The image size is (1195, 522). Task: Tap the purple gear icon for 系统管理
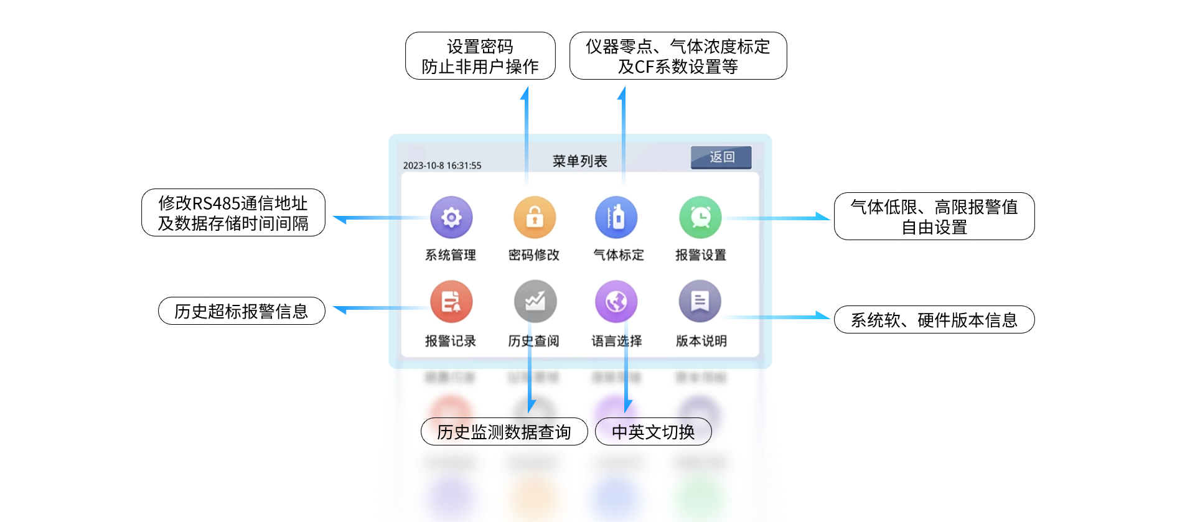coord(451,217)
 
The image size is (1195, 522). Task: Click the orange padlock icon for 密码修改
coord(534,217)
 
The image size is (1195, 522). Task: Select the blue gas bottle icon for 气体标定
coord(616,217)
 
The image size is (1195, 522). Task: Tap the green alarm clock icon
coord(700,217)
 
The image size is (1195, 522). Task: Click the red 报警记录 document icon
coord(451,302)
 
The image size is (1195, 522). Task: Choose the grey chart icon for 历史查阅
coord(535,302)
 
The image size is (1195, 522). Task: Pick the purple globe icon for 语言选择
coord(616,302)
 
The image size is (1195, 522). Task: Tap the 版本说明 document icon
coord(700,302)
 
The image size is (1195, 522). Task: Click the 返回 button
coord(721,157)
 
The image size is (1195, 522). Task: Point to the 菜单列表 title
coord(579,161)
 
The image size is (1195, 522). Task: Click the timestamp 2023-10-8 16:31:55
coord(442,165)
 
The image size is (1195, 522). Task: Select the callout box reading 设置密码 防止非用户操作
coord(480,56)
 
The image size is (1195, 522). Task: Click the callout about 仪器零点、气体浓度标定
coord(678,56)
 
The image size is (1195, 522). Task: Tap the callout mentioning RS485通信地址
coord(233,213)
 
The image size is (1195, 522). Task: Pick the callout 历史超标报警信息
coord(241,311)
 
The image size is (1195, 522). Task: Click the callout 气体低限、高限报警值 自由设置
coord(934,217)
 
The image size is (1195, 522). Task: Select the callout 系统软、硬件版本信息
coord(934,320)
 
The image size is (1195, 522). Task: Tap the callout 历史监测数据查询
coord(504,432)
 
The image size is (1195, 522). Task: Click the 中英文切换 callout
coord(653,432)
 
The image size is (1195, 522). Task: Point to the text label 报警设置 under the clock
coord(701,255)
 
